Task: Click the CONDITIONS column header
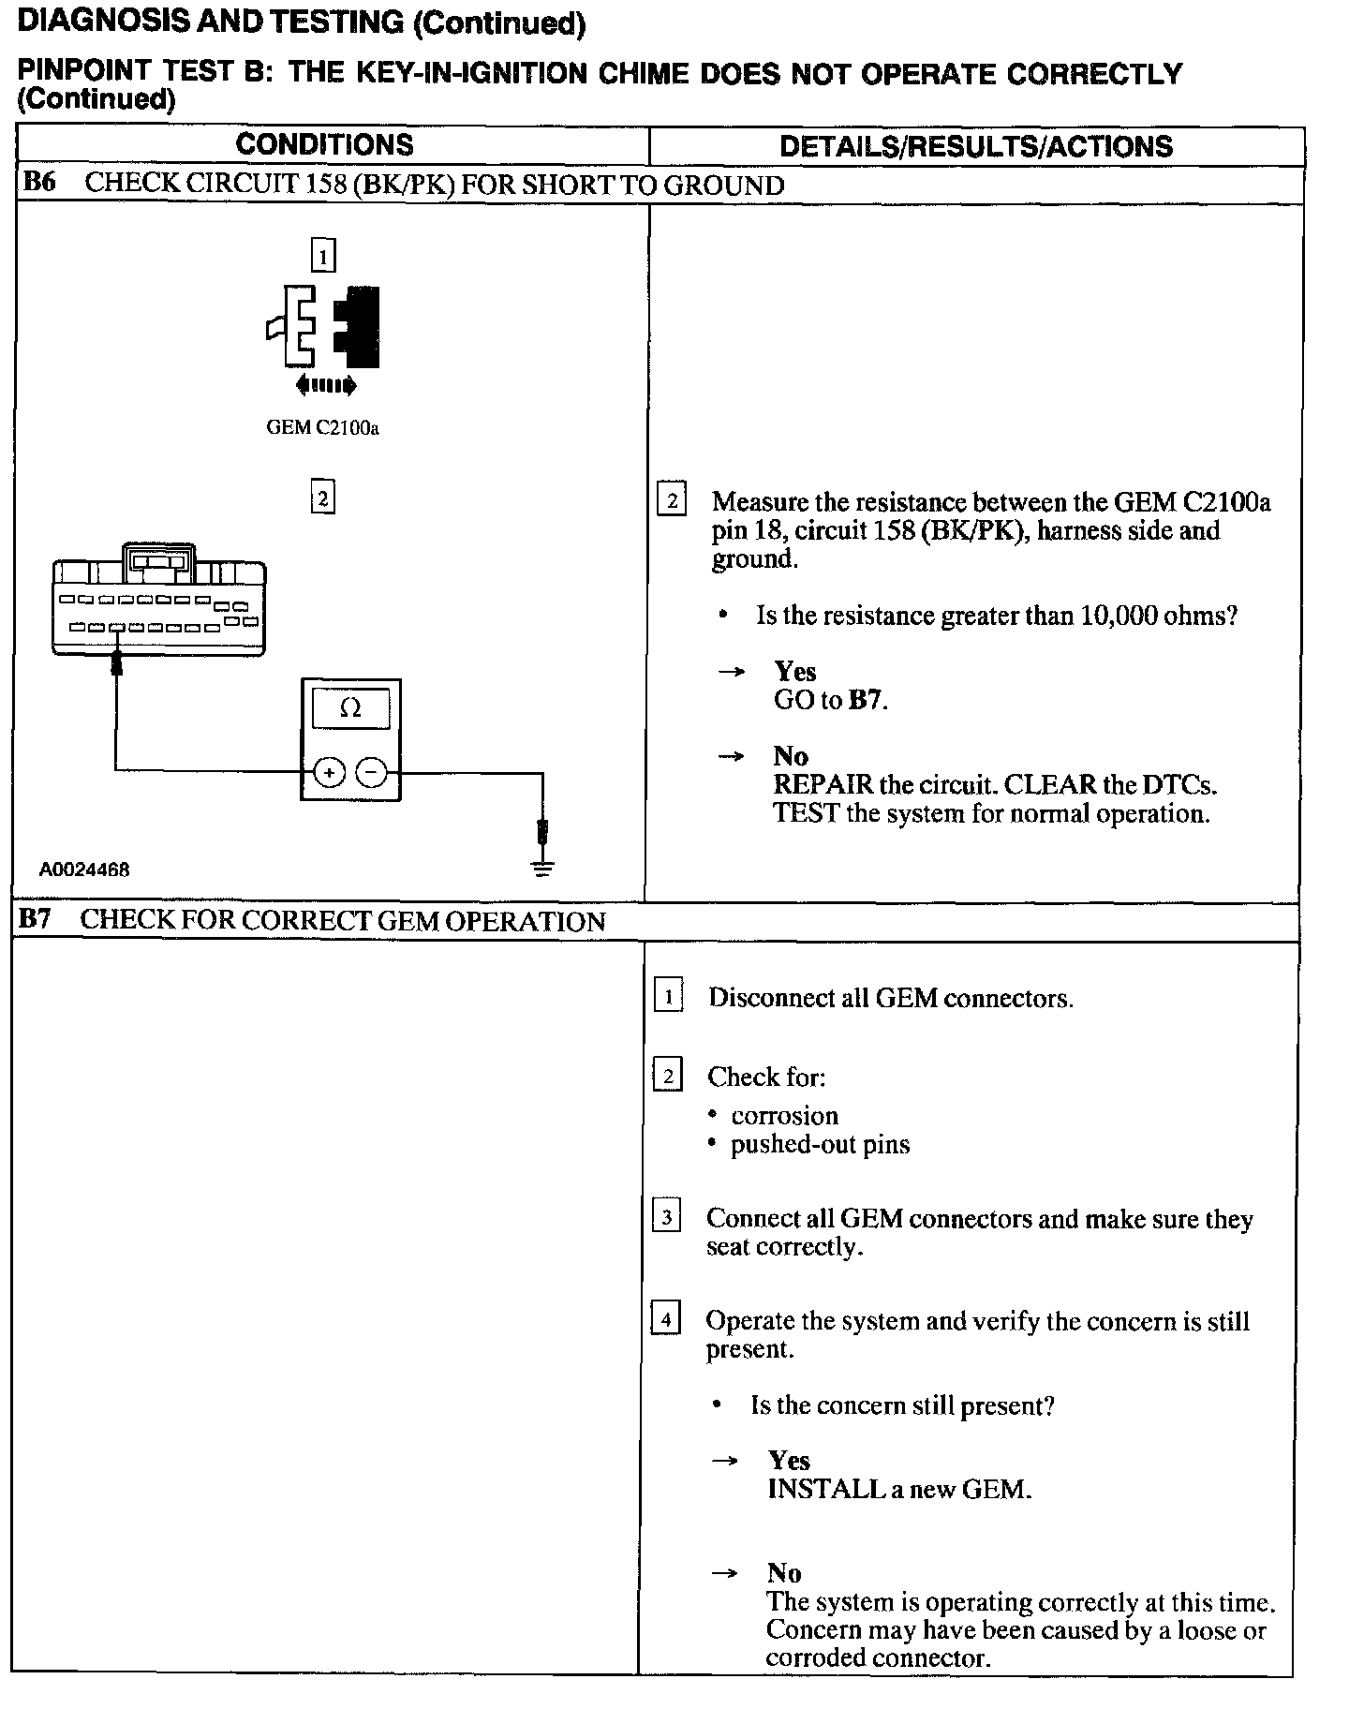pyautogui.click(x=324, y=144)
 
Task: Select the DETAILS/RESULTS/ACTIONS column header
pyautogui.click(x=975, y=146)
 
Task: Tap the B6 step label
pyautogui.click(x=38, y=183)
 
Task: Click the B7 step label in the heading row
pyautogui.click(x=35, y=919)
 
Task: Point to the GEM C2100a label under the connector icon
pyautogui.click(x=322, y=428)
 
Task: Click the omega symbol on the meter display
pyautogui.click(x=350, y=708)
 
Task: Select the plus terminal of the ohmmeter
pyautogui.click(x=329, y=772)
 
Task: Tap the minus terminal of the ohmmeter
pyautogui.click(x=372, y=772)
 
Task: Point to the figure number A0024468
pyautogui.click(x=84, y=869)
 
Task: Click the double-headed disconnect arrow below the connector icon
pyautogui.click(x=325, y=384)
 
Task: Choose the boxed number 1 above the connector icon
pyautogui.click(x=322, y=256)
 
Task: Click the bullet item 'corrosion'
pyautogui.click(x=784, y=1116)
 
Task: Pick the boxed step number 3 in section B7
pyautogui.click(x=666, y=1217)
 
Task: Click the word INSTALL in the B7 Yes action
pyautogui.click(x=813, y=1489)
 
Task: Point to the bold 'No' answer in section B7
pyautogui.click(x=784, y=1573)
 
